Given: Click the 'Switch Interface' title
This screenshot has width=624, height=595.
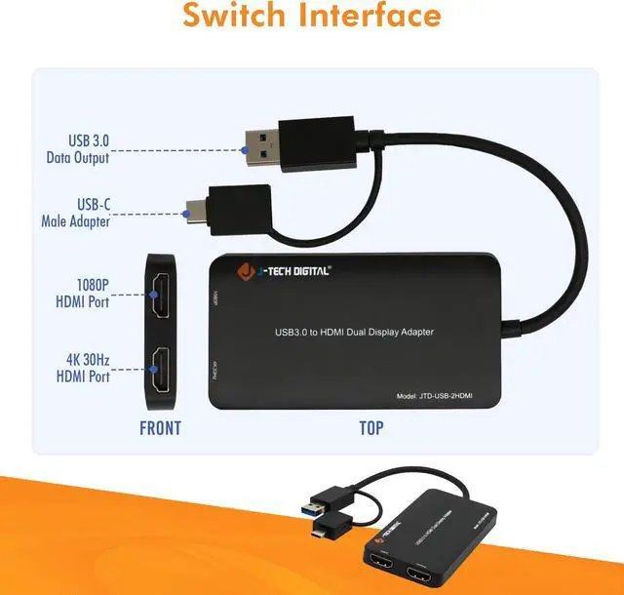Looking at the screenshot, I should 312,17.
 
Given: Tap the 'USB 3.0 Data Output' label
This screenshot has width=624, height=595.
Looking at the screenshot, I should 78,149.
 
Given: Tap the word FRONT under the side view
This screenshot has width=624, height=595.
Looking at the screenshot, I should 160,427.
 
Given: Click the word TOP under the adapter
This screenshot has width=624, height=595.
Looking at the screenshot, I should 370,427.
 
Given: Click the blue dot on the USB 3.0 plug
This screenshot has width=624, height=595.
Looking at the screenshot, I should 242,150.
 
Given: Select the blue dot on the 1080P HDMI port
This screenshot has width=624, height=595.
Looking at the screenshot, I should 154,293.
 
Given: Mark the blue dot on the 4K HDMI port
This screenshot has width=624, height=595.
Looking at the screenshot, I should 154,369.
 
